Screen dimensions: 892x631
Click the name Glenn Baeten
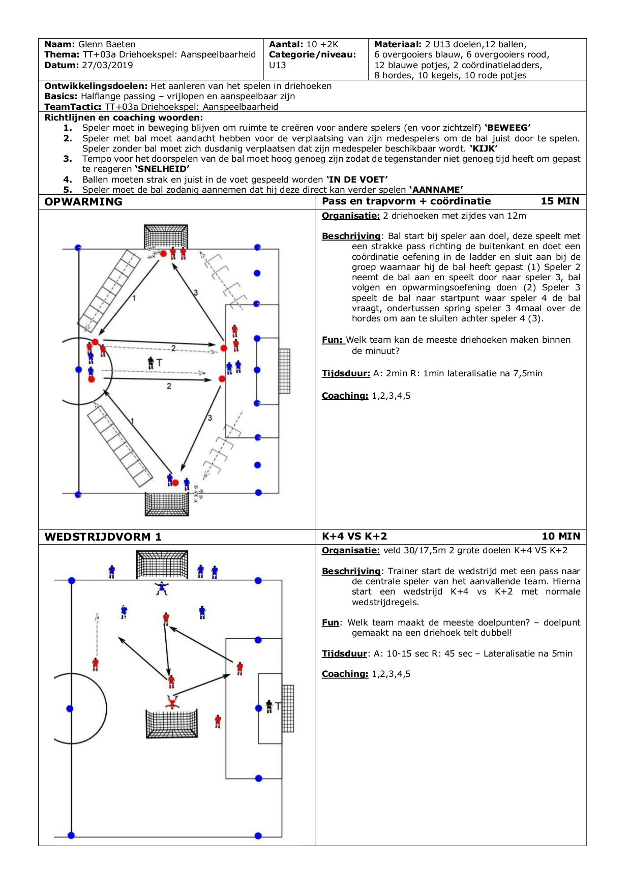click(107, 44)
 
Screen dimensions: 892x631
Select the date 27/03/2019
click(107, 65)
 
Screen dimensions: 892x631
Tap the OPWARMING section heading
click(83, 201)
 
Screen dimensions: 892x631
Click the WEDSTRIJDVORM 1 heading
click(103, 537)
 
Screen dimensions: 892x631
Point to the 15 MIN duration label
click(560, 201)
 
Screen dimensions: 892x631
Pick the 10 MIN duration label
click(561, 536)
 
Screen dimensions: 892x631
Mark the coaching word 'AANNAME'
click(436, 190)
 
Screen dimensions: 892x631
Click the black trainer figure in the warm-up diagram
click(151, 363)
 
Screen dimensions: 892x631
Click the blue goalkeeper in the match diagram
click(162, 588)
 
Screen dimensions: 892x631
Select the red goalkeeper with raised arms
click(172, 702)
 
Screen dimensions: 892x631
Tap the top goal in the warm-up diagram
click(166, 236)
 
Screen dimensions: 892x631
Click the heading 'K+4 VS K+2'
click(354, 536)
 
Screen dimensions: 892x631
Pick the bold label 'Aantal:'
click(286, 44)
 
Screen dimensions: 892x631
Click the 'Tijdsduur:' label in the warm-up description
click(346, 373)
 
